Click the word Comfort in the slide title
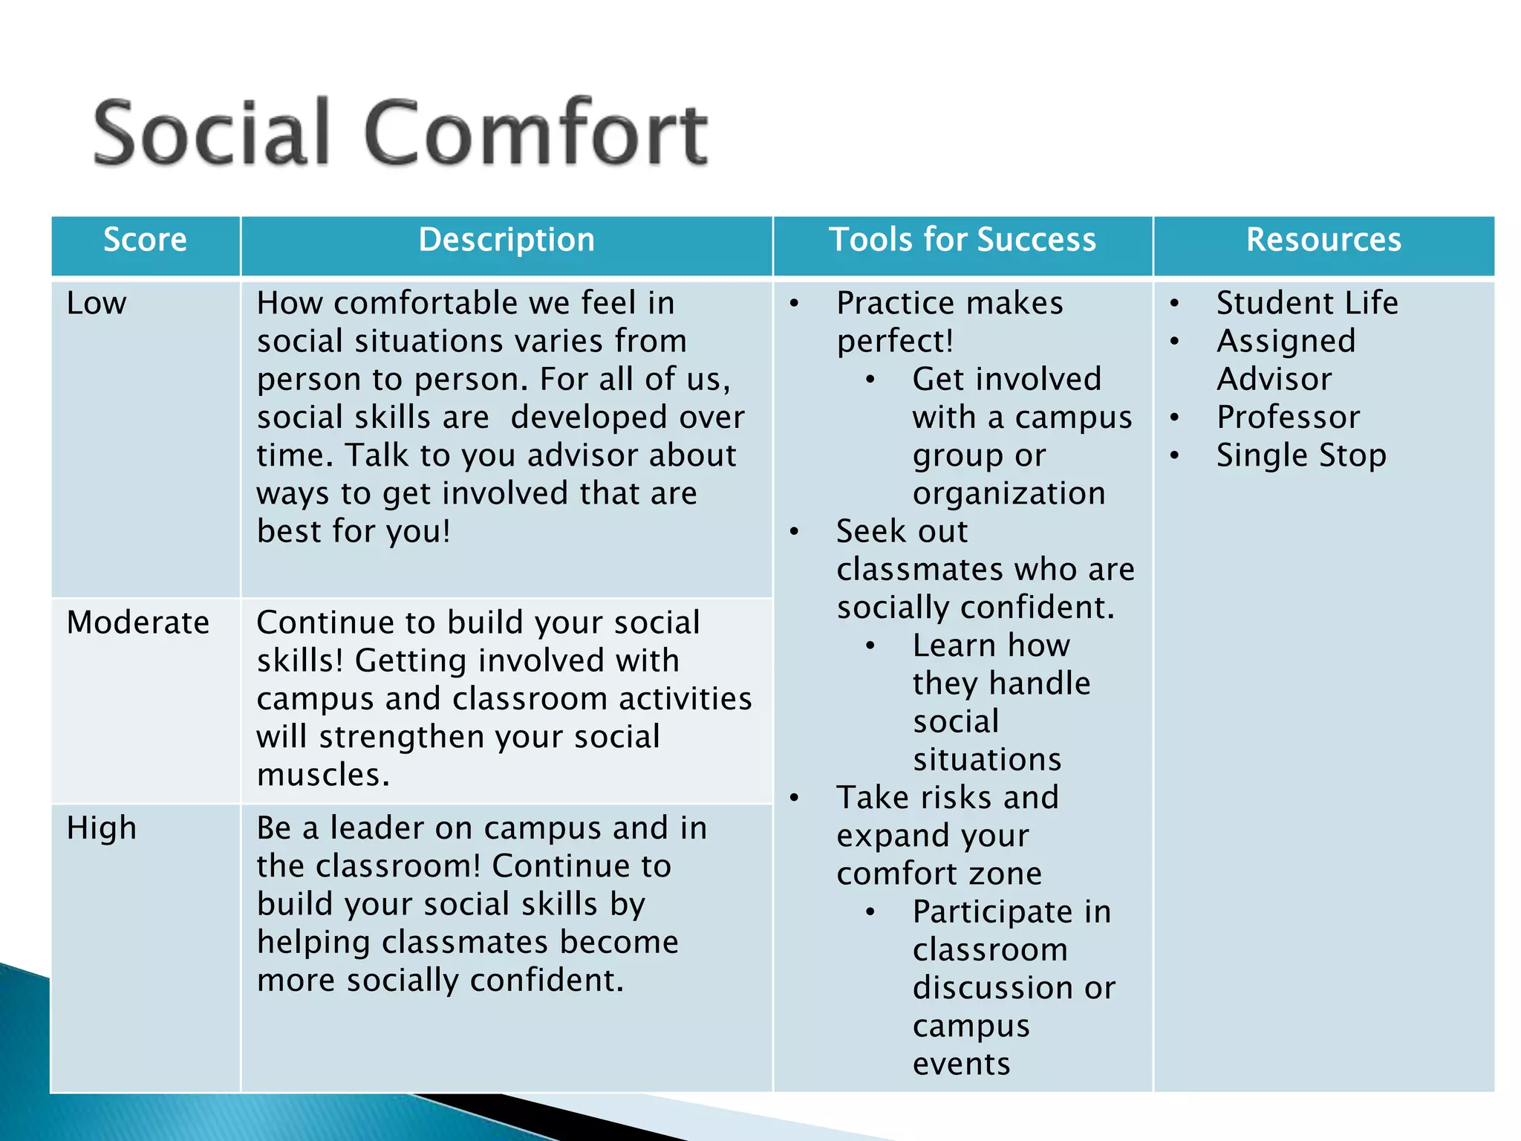pos(536,134)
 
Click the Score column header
pos(145,240)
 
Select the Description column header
pos(507,240)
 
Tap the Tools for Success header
pos(963,240)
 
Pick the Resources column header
pos(1323,240)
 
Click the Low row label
pos(97,303)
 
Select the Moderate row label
pos(138,622)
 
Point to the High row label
pos(102,828)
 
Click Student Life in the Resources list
pos(1307,303)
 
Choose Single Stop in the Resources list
pos(1301,455)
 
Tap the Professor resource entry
pos(1288,417)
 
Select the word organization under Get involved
pos(1009,493)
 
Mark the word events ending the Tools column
pos(961,1064)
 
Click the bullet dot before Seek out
pos(795,532)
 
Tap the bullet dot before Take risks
pos(795,799)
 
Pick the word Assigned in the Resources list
pos(1286,341)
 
